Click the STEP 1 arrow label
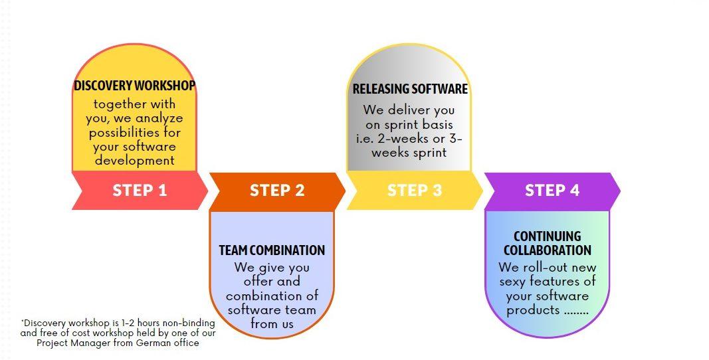point(140,191)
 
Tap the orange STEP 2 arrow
point(277,191)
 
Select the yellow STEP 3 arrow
point(415,191)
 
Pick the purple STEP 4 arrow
point(552,191)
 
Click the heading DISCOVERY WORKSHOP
point(134,86)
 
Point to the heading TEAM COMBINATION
point(272,250)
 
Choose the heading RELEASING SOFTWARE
point(410,88)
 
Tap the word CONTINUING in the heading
point(547,236)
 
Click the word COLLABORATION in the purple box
point(547,250)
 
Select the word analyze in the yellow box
point(159,119)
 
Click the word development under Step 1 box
point(134,161)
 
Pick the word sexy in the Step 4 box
point(513,282)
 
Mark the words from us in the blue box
point(272,324)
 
